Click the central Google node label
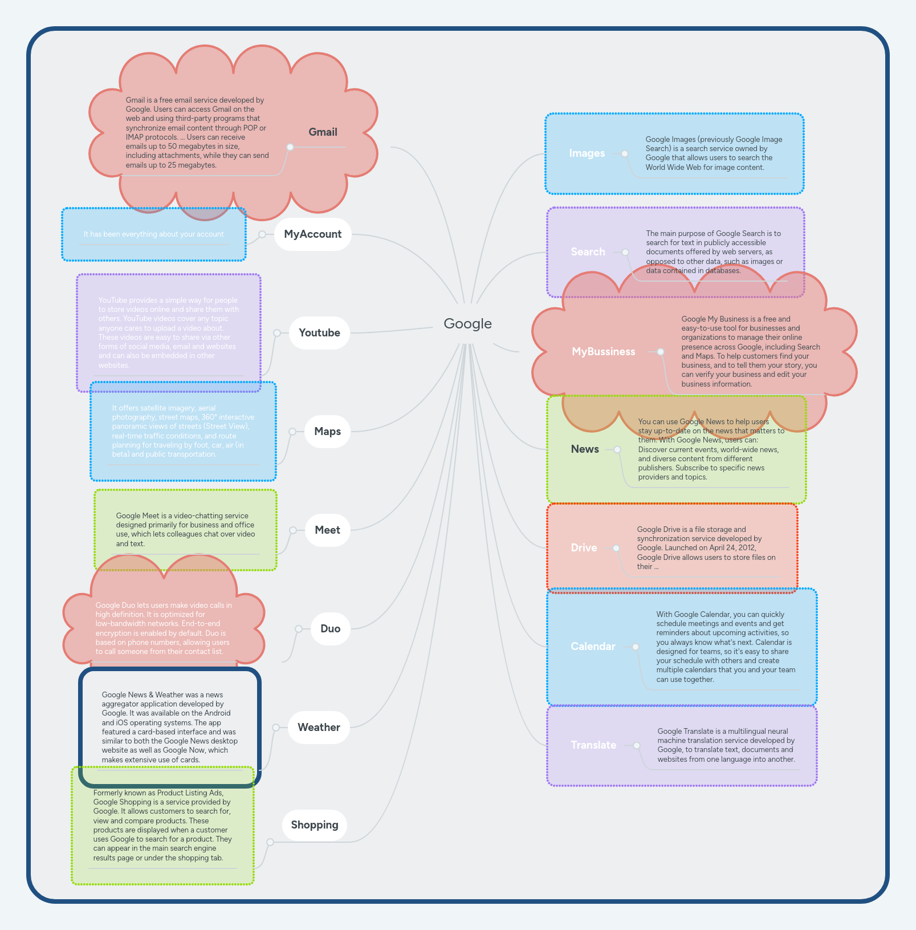(467, 324)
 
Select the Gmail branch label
(323, 132)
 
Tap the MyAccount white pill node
(312, 234)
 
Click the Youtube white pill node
(319, 333)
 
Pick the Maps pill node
(327, 432)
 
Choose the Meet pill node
(327, 530)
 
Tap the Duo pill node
(330, 629)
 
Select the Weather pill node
(319, 728)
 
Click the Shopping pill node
(315, 825)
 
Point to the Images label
(587, 153)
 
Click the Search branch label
(588, 252)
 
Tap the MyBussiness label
(603, 352)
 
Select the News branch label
(585, 449)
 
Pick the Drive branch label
(584, 548)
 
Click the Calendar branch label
(593, 647)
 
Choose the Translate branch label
(593, 745)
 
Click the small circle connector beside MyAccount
(262, 234)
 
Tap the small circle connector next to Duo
(299, 629)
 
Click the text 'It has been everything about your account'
(153, 234)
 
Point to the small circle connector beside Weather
(276, 728)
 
